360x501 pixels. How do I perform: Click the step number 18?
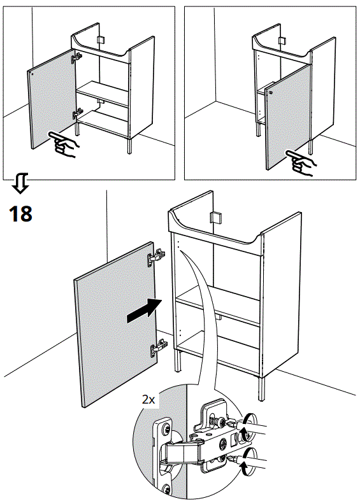tap(20, 213)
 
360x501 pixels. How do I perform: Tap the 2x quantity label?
tap(148, 400)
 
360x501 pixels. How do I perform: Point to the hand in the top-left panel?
tap(66, 147)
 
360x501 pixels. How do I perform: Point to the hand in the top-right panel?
tap(300, 162)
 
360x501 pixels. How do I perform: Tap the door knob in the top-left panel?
tap(32, 74)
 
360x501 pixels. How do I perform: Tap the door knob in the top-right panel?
tap(271, 93)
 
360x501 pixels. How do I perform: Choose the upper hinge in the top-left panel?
tap(77, 57)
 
